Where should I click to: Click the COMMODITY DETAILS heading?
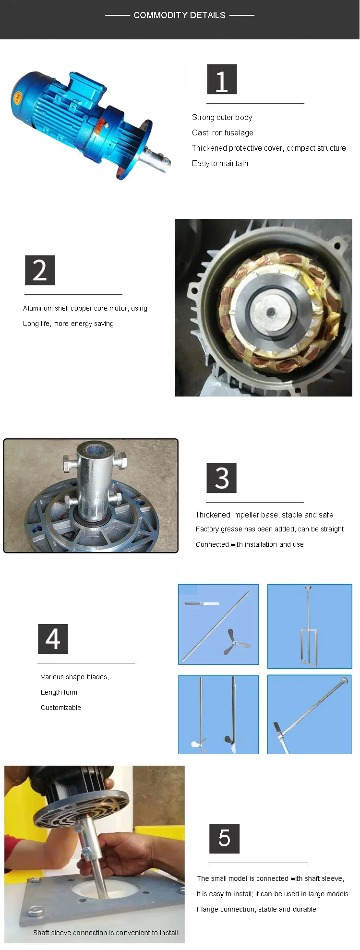pos(180,15)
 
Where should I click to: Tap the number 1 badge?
pos(222,79)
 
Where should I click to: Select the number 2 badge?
pos(40,270)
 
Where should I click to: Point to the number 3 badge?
pos(222,478)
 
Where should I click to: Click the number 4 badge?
pos(53,639)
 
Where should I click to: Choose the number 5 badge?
pos(224,839)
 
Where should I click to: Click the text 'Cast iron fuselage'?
pos(223,132)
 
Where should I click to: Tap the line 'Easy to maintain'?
pos(220,163)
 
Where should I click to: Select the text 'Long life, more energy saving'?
pos(68,324)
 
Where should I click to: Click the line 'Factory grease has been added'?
pos(245,529)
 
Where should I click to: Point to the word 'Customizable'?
pos(61,708)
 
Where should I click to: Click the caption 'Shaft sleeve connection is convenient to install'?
pos(106,933)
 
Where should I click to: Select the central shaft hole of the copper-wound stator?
pos(271,313)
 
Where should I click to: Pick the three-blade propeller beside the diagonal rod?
pos(236,642)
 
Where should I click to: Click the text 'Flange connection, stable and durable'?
pos(256,909)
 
